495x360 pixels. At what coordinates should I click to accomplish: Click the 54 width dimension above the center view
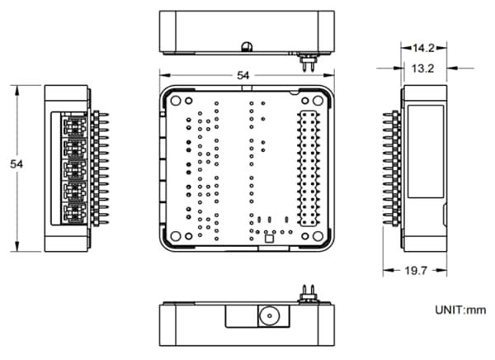(243, 75)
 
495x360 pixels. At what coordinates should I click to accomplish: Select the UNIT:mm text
(460, 310)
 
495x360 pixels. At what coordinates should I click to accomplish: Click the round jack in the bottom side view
(268, 316)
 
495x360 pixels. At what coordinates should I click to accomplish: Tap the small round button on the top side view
(245, 45)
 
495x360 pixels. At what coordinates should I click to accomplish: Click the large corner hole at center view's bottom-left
(177, 235)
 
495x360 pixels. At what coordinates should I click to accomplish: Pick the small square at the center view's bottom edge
(268, 243)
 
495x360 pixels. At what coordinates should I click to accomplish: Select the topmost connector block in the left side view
(73, 126)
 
